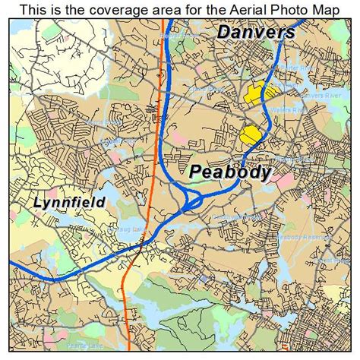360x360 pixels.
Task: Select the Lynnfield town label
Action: tap(68, 203)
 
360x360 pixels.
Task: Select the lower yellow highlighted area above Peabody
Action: tap(249, 134)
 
